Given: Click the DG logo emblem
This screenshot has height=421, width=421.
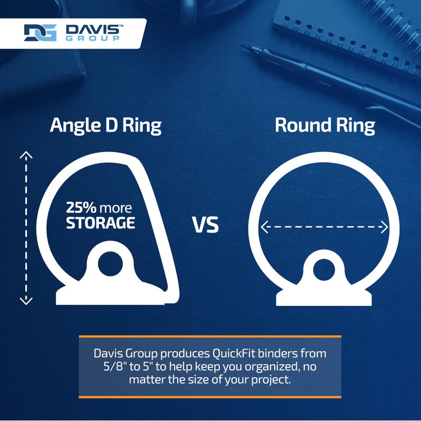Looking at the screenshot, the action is (x=41, y=33).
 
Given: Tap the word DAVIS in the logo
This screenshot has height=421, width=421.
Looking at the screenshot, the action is (x=93, y=29).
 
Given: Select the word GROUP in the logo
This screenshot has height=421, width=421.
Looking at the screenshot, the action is (x=93, y=38).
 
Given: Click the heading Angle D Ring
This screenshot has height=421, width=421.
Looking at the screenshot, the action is (x=106, y=125).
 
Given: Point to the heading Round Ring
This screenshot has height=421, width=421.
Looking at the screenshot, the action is (x=325, y=125).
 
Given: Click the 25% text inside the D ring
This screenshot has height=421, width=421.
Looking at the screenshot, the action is (x=81, y=207).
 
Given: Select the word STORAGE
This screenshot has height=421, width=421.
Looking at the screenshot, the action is (x=101, y=223).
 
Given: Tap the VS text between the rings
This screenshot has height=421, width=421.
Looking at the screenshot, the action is (x=205, y=225).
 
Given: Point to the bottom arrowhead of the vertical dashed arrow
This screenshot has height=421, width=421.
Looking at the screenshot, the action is (x=26, y=301).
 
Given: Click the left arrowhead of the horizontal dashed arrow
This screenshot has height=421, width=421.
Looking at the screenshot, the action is (x=264, y=227).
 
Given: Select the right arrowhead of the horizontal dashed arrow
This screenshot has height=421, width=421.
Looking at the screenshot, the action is (x=385, y=227).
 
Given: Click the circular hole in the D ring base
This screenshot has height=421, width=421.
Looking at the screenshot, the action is (x=111, y=264).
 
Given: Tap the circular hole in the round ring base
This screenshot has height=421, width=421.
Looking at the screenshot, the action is (x=324, y=270).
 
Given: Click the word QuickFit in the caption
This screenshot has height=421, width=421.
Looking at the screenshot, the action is (x=234, y=354).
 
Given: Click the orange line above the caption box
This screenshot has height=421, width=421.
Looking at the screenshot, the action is (x=210, y=336).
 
